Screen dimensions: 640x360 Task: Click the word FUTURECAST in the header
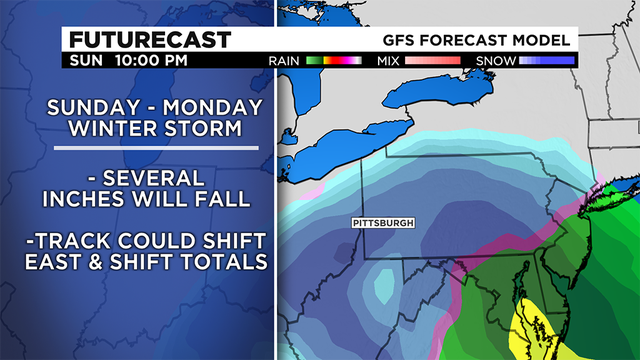coord(150,40)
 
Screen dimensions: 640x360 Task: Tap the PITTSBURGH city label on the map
coord(384,222)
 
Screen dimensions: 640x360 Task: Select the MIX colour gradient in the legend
coord(431,61)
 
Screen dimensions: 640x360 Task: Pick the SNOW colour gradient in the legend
coord(545,61)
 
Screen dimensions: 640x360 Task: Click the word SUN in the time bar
coord(87,61)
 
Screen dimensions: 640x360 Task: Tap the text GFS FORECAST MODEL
coord(477,40)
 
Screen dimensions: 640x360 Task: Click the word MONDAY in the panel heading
coord(213,107)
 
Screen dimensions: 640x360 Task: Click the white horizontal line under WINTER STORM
coord(160,149)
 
